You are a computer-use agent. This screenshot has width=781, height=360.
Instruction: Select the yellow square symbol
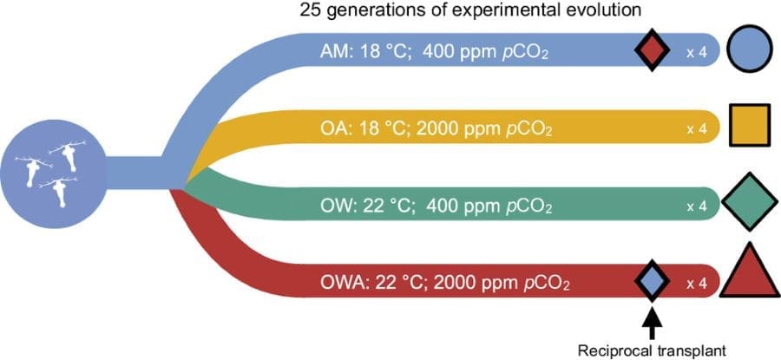click(750, 126)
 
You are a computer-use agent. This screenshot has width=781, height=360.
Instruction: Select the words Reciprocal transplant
click(653, 348)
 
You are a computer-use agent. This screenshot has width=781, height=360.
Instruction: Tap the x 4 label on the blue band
click(697, 51)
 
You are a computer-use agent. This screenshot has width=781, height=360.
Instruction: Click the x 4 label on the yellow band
click(697, 128)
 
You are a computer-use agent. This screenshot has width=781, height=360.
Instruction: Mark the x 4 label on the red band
click(697, 282)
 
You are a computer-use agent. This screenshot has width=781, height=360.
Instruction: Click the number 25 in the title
click(310, 11)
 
